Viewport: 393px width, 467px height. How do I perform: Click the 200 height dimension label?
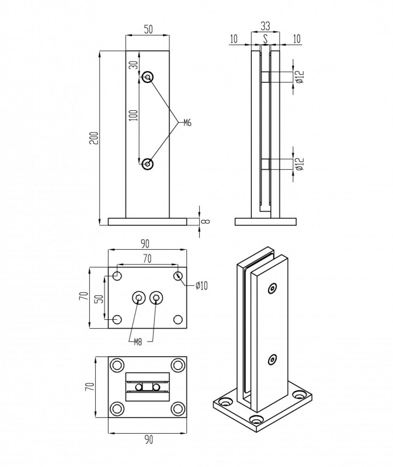coord(94,138)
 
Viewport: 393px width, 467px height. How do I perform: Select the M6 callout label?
coord(187,123)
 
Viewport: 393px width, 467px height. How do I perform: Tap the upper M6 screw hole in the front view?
coord(148,78)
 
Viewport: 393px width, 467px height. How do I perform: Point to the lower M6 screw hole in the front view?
coord(148,163)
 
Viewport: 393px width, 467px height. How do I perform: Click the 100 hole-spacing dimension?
coord(134,115)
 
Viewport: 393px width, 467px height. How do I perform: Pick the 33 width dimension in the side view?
coord(265,26)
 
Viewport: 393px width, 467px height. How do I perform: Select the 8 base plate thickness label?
coord(206,221)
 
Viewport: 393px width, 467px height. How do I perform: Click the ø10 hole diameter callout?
coord(201,286)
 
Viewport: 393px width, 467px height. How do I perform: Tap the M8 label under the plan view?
coord(138,342)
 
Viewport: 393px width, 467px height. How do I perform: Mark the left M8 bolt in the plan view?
coord(139,298)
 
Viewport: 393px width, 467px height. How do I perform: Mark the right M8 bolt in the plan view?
coord(156,298)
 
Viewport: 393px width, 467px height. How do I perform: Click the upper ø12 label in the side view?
coord(300,77)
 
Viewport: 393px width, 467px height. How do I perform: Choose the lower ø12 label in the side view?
coord(300,164)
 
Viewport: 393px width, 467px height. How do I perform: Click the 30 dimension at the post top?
coord(134,65)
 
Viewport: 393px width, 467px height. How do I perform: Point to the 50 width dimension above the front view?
coord(148,30)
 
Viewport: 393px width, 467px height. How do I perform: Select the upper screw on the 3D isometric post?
coord(272,288)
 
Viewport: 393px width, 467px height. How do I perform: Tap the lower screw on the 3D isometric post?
coord(272,360)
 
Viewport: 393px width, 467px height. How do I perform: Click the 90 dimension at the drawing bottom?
coord(149,440)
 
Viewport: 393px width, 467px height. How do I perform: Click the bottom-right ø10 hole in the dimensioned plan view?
coord(178,319)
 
